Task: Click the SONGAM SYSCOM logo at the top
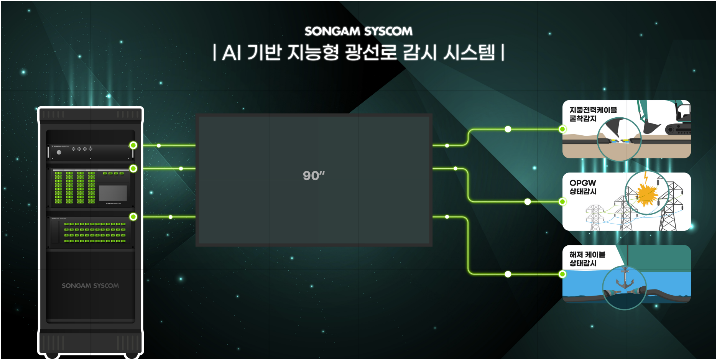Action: pos(358,31)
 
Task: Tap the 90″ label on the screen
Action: pos(314,176)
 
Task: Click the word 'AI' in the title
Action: pos(232,53)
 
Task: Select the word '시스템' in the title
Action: pos(469,53)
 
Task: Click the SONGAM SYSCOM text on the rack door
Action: pos(90,286)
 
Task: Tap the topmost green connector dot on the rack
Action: pos(133,145)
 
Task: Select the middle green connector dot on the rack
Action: pos(133,169)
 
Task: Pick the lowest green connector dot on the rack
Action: pos(133,217)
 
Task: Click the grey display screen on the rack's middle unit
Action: pos(113,193)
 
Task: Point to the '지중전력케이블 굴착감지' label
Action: pos(593,114)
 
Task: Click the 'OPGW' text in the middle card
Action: pos(582,183)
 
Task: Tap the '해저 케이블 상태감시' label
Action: pos(587,259)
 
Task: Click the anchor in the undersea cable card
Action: pos(625,279)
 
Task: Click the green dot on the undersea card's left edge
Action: pos(562,274)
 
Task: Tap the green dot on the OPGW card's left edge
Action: pos(562,202)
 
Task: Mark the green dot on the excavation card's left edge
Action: pos(562,129)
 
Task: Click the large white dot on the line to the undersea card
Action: pos(508,274)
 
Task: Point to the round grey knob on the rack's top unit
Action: pos(59,152)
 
